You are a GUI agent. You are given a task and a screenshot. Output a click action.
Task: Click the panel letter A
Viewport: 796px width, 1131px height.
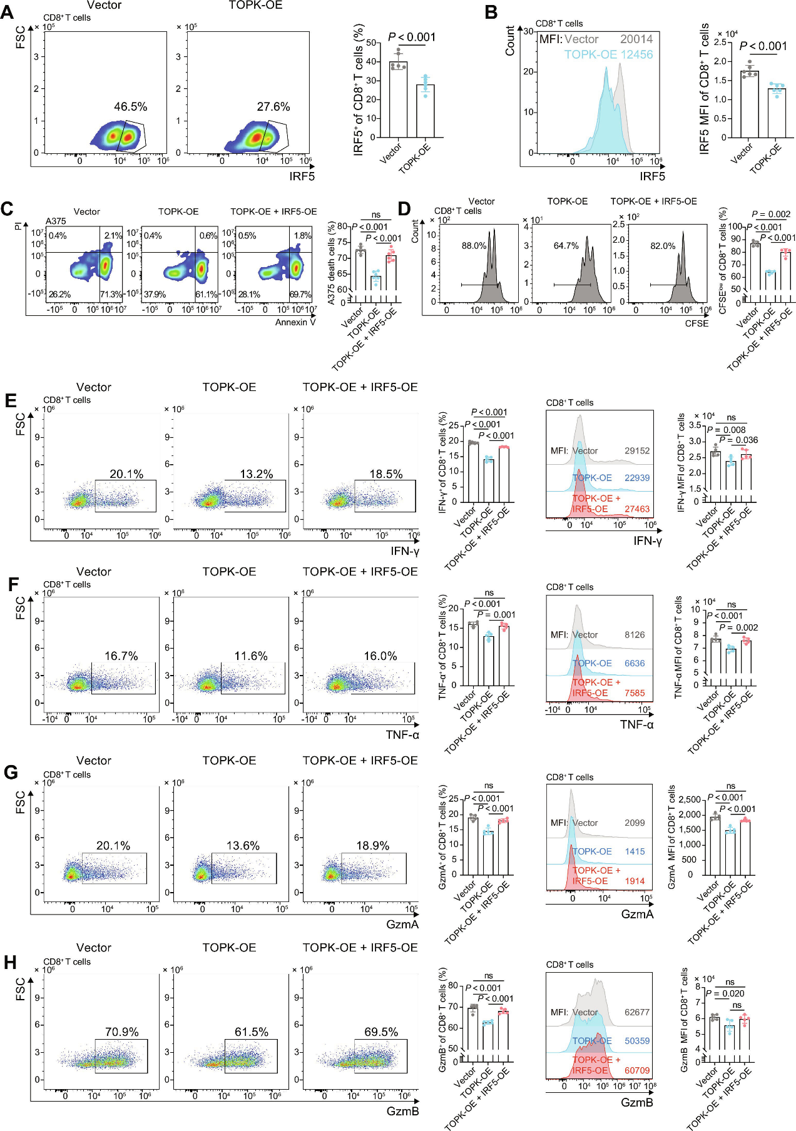click(7, 13)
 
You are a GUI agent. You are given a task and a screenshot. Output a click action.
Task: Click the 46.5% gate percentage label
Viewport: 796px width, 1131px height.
click(130, 107)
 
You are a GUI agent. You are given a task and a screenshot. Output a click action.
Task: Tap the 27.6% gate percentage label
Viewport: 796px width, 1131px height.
click(273, 107)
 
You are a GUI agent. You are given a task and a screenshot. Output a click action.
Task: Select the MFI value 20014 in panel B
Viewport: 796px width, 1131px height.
click(636, 39)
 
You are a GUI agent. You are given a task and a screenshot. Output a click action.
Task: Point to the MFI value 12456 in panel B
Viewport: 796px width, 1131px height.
click(636, 54)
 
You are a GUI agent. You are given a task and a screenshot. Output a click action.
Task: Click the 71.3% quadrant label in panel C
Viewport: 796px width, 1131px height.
click(111, 294)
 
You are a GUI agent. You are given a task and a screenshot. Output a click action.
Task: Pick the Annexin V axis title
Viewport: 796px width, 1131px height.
click(295, 322)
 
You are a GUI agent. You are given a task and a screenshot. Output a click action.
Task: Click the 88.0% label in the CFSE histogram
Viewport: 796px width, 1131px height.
click(474, 246)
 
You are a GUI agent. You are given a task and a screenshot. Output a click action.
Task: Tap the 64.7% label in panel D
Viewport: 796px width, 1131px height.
click(566, 246)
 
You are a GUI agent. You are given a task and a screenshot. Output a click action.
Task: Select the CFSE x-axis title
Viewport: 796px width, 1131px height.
click(696, 323)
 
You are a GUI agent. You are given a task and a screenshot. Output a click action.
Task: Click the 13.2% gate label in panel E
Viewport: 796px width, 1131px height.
click(256, 474)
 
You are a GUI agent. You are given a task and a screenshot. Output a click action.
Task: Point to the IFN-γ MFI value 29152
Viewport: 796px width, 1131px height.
click(637, 450)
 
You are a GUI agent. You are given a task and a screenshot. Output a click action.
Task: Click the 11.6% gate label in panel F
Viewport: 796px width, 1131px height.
click(251, 656)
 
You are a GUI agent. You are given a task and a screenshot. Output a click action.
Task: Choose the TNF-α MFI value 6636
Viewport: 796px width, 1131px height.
click(635, 663)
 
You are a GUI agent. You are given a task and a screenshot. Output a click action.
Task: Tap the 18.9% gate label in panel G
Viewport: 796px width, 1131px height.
click(372, 846)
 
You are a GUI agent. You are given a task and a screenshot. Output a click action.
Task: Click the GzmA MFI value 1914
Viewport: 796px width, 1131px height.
click(635, 881)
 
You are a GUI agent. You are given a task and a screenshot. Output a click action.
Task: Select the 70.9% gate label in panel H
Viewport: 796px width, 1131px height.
click(121, 1032)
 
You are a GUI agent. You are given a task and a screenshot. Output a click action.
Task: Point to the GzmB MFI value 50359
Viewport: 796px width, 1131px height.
click(637, 1041)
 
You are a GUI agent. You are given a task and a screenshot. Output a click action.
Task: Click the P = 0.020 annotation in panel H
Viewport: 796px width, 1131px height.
click(725, 993)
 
